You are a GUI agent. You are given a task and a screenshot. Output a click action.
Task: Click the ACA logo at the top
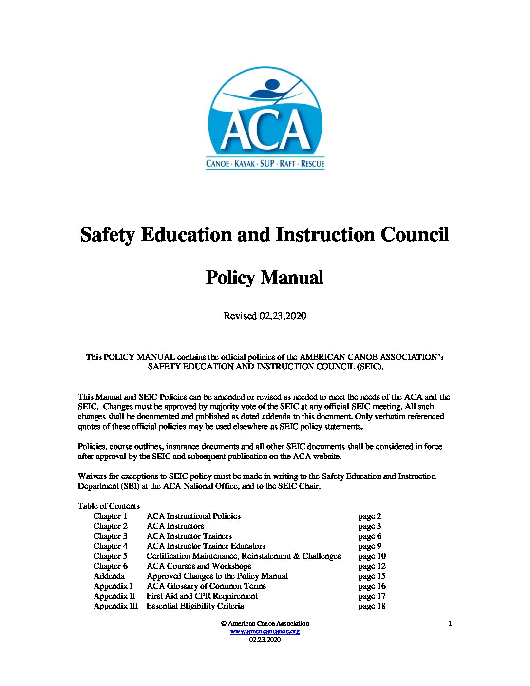(265, 118)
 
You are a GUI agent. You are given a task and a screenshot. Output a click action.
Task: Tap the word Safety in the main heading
(107, 235)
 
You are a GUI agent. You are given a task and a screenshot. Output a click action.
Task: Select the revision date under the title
(265, 316)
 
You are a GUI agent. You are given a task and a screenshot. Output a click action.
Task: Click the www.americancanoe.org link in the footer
(265, 631)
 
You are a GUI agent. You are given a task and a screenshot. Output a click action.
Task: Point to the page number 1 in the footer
(450, 623)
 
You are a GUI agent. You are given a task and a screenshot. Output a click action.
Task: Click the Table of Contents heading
(109, 506)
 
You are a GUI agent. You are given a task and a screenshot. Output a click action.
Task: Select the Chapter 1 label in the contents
(111, 516)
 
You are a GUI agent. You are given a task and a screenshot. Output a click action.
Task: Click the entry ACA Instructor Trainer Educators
(206, 546)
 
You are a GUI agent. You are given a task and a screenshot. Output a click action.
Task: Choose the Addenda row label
(109, 576)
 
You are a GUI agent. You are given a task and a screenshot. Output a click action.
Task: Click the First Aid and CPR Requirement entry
(202, 596)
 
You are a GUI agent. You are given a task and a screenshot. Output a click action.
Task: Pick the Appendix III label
(115, 606)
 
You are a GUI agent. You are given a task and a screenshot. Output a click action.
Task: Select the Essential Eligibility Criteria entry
(195, 606)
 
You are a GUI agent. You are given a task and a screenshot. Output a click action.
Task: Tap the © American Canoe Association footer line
(265, 623)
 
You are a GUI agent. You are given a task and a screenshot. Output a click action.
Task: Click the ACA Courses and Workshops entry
(199, 566)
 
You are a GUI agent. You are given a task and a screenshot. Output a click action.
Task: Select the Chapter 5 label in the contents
(111, 556)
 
